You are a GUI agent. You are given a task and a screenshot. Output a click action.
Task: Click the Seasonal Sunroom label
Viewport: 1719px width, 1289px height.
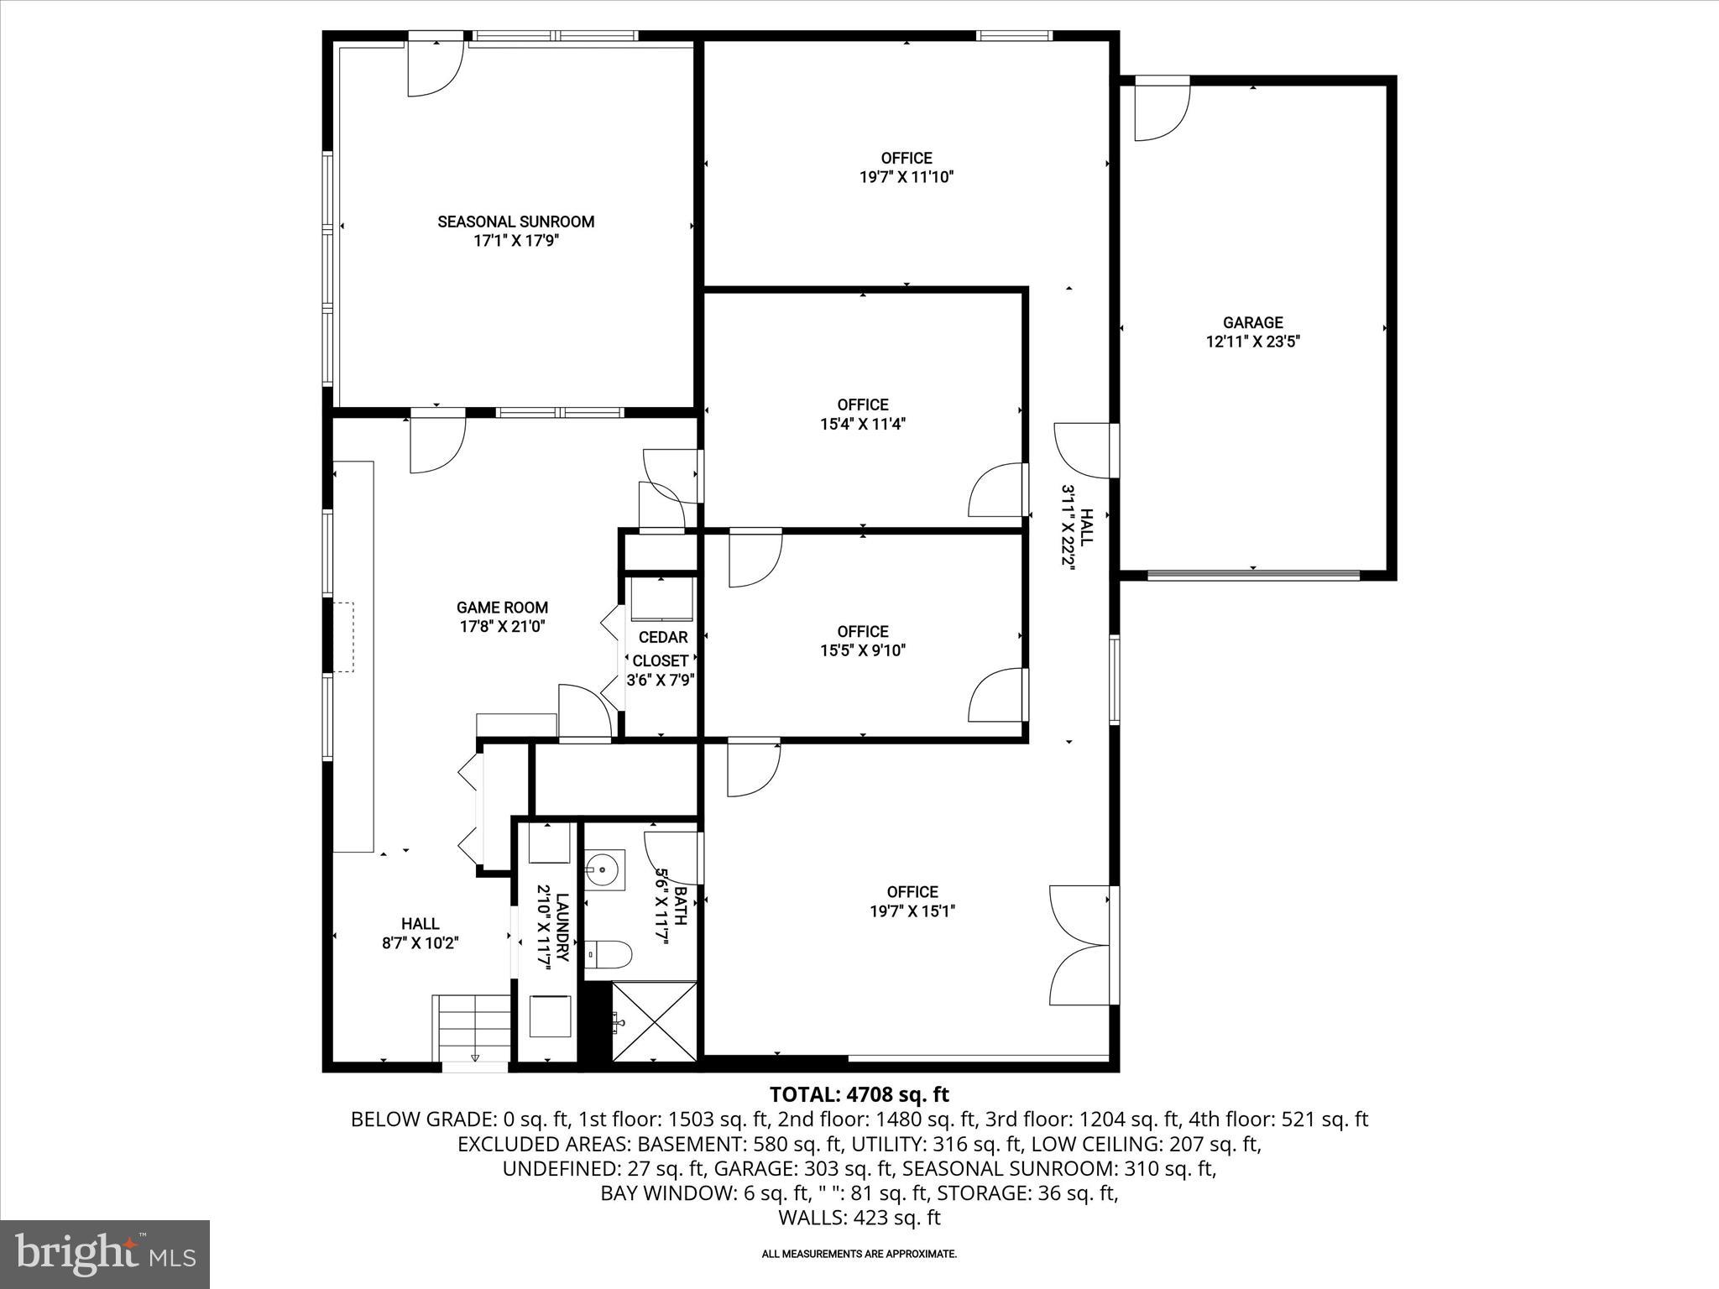click(x=515, y=222)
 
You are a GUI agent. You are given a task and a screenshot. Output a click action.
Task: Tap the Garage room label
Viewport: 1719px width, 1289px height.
click(x=1252, y=322)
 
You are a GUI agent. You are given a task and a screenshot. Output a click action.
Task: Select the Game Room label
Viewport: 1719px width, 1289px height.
click(x=502, y=608)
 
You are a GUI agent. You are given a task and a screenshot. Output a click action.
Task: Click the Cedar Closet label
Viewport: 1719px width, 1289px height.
click(x=661, y=649)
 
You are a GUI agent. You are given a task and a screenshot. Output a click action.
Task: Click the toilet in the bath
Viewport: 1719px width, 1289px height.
click(x=609, y=953)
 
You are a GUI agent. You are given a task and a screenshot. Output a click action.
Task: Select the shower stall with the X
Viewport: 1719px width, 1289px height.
click(x=654, y=1022)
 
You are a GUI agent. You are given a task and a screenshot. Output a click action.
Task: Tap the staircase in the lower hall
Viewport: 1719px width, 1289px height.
click(x=472, y=1028)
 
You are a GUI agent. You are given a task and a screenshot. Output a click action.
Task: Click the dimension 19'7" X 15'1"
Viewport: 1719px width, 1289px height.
click(x=912, y=911)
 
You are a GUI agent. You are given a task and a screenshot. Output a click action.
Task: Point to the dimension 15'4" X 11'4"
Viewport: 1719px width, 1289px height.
click(x=863, y=425)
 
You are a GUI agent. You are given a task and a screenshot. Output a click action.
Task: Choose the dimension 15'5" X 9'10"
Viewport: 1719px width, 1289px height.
click(x=863, y=650)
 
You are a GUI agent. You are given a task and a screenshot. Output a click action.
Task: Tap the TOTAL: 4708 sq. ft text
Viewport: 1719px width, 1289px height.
click(x=859, y=1094)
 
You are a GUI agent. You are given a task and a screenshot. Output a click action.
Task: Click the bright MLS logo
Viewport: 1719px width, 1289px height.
click(x=106, y=1254)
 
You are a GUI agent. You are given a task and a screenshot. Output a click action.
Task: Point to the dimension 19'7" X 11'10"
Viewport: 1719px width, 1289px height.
click(x=907, y=178)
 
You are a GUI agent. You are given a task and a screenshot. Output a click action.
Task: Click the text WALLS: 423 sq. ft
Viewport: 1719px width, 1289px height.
click(x=859, y=1218)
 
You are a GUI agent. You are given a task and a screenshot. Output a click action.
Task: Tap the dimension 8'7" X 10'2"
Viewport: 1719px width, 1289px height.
click(x=420, y=943)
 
